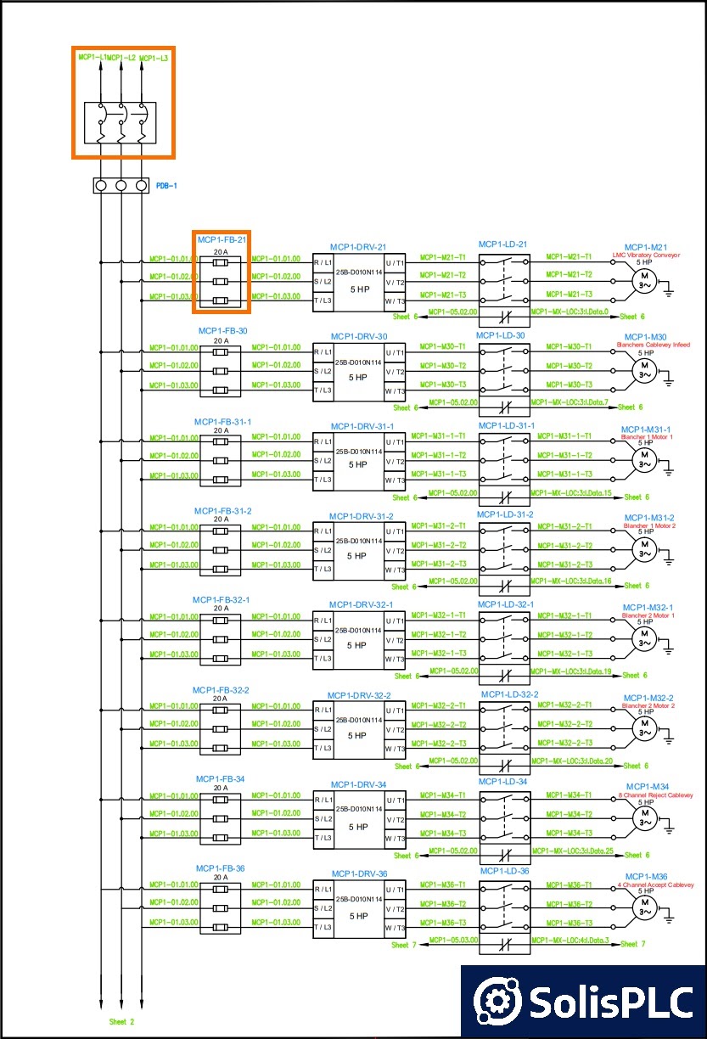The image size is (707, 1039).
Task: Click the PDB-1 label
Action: pyautogui.click(x=166, y=185)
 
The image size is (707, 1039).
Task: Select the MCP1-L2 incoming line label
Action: pyautogui.click(x=121, y=58)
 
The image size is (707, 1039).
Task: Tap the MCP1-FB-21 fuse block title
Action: pyautogui.click(x=222, y=240)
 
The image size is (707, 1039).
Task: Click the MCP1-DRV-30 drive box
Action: pyautogui.click(x=359, y=371)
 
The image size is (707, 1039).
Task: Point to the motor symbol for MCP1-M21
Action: pyautogui.click(x=644, y=279)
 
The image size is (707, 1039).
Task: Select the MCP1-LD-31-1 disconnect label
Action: pyautogui.click(x=506, y=425)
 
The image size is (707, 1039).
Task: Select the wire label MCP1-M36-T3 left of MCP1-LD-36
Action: pyautogui.click(x=442, y=923)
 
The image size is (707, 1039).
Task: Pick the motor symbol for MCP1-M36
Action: pyautogui.click(x=644, y=909)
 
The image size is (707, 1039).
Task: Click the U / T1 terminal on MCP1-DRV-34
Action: pyautogui.click(x=395, y=800)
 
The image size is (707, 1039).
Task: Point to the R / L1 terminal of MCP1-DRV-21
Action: pyautogui.click(x=323, y=262)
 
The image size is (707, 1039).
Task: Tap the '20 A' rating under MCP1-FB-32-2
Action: pyautogui.click(x=220, y=699)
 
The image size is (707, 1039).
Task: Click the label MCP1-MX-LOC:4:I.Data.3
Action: pyautogui.click(x=570, y=940)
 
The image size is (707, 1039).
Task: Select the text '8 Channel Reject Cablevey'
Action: pyautogui.click(x=655, y=795)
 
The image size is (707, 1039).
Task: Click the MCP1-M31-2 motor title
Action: pyautogui.click(x=649, y=518)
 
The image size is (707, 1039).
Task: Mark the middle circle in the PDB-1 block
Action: pyautogui.click(x=121, y=185)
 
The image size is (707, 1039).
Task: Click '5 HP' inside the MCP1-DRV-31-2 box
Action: pyautogui.click(x=359, y=555)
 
